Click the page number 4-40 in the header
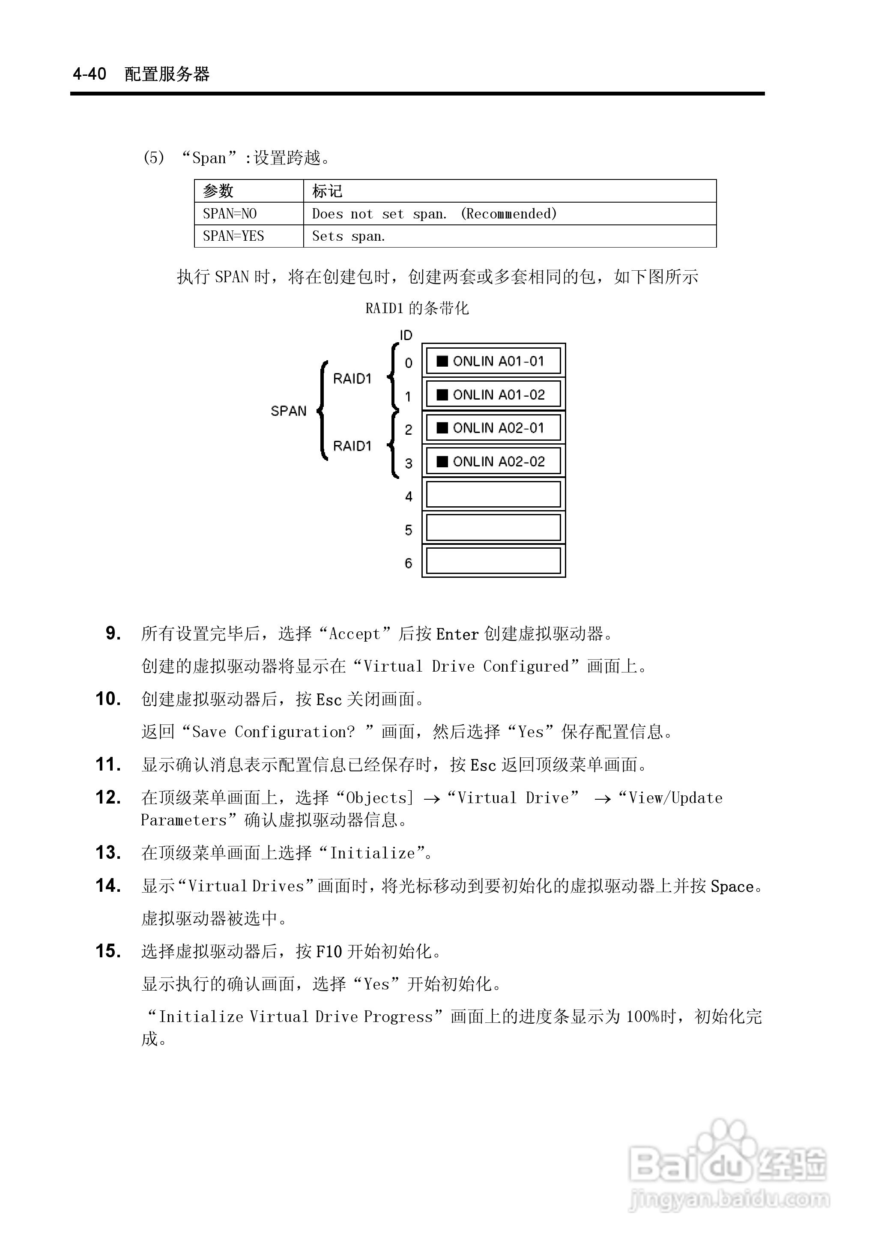coord(90,74)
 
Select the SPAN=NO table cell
coord(230,214)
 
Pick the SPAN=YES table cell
coord(233,236)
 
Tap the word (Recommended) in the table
coord(508,214)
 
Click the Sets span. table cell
coord(348,236)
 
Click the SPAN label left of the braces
coord(289,411)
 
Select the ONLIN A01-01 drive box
coord(493,361)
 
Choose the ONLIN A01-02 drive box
coord(493,394)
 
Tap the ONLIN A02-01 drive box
coord(493,428)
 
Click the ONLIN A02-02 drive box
coord(493,461)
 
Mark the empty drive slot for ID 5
coord(493,528)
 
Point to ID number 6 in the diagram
coord(408,563)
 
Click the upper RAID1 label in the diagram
coord(352,379)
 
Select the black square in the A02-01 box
coord(442,428)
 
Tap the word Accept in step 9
coord(354,634)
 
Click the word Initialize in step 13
coord(372,853)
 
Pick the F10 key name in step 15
coord(329,951)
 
